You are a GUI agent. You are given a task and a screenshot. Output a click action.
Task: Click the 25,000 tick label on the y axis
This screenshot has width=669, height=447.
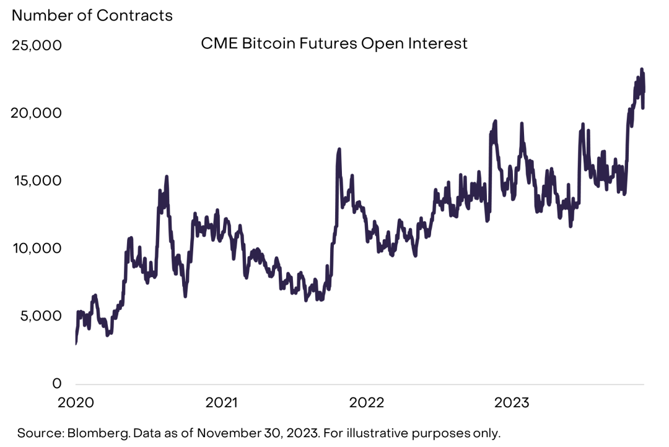tap(37, 46)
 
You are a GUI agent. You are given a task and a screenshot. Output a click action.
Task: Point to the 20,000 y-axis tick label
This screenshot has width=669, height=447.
tap(37, 113)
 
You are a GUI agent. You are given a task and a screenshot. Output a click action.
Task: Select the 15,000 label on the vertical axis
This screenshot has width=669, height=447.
tap(37, 181)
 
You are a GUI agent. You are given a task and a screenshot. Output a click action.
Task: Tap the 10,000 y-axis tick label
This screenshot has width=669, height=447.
tap(37, 249)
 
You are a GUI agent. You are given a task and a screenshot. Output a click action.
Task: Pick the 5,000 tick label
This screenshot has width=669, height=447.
tap(40, 316)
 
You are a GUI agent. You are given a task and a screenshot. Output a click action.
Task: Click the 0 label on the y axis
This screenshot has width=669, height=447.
tap(56, 384)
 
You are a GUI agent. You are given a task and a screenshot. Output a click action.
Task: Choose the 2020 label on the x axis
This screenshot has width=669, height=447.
tap(76, 402)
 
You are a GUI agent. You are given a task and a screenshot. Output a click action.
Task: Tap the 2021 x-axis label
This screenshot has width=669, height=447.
tap(222, 402)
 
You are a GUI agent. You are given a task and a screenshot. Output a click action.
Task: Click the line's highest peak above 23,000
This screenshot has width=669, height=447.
tap(642, 69)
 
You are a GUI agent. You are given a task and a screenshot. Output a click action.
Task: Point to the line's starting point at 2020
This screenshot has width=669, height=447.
tap(76, 343)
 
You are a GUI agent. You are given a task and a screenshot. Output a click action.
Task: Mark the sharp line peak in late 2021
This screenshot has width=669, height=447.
tap(339, 149)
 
